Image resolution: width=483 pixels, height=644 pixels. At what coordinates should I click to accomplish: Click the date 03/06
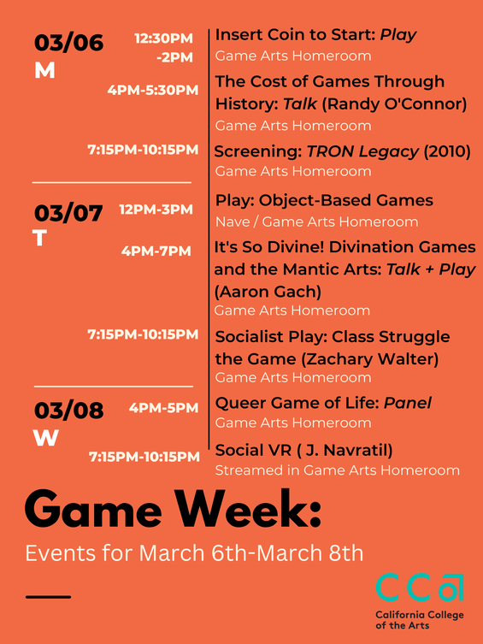(x=68, y=43)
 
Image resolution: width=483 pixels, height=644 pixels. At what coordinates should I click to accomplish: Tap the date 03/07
(x=68, y=211)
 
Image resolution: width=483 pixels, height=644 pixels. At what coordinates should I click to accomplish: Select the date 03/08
(x=68, y=411)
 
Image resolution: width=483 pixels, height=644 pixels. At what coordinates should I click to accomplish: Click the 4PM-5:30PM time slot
(x=152, y=90)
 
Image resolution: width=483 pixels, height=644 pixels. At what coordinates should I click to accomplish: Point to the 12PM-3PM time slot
(x=156, y=210)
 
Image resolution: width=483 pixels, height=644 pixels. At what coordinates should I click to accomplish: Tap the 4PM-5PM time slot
(x=163, y=408)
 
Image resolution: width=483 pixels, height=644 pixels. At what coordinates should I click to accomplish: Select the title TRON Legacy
(x=364, y=152)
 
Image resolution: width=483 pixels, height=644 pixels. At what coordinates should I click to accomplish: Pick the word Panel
(x=407, y=403)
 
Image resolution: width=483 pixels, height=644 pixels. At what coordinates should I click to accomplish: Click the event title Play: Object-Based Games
(x=324, y=201)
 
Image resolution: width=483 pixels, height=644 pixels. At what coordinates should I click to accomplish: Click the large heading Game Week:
(x=174, y=511)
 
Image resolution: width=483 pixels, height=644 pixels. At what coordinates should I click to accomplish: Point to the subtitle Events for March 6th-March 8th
(x=194, y=553)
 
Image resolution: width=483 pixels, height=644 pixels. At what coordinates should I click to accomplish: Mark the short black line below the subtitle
(x=49, y=595)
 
